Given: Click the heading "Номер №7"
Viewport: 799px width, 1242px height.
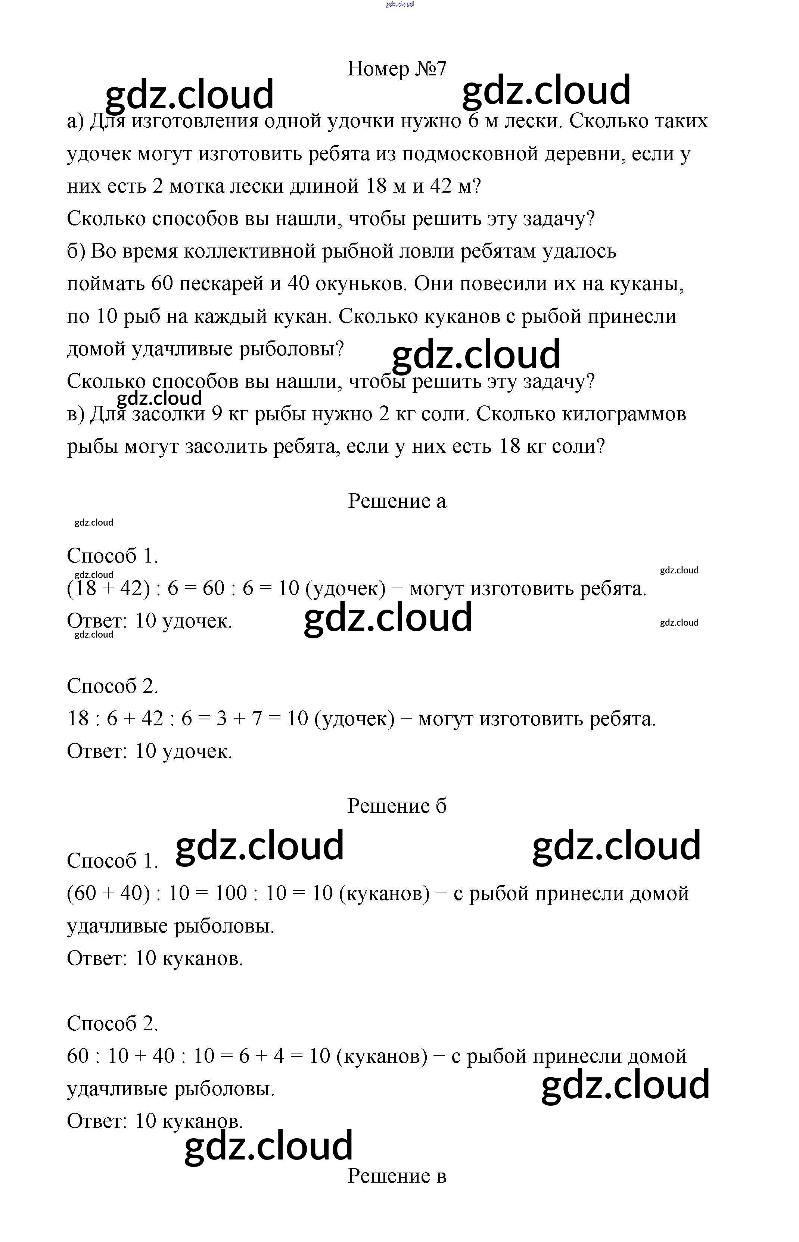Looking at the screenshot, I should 397,68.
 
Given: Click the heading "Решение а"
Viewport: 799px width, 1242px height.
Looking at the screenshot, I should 397,501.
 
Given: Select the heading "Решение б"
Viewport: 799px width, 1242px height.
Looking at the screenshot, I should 397,806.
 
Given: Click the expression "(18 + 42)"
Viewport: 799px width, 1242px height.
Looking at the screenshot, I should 108,588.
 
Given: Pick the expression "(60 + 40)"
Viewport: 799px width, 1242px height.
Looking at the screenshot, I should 108,893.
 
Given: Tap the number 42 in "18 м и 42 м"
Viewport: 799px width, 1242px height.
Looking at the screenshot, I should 441,186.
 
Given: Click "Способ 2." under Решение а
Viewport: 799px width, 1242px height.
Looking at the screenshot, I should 112,687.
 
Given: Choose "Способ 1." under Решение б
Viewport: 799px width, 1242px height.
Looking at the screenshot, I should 112,861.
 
